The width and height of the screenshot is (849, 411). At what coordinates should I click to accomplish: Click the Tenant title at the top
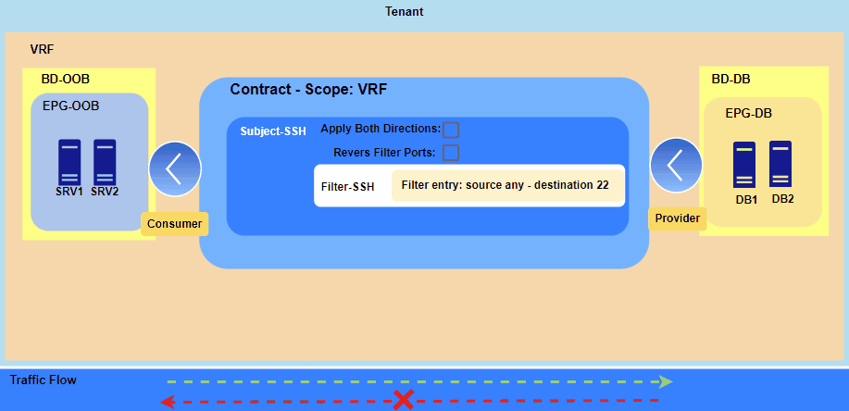coord(404,12)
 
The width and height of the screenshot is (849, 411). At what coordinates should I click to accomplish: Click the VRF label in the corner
coord(43,47)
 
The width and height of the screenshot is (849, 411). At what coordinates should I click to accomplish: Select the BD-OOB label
coord(65,80)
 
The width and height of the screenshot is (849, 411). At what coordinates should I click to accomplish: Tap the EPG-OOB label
coord(70,106)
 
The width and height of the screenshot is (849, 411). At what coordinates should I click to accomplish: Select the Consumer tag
coord(174,223)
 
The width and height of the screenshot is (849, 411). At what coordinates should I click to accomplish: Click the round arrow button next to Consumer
coord(174,168)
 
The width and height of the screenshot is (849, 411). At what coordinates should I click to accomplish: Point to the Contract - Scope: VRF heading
coord(308,90)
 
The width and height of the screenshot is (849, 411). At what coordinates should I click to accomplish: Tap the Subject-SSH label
coord(273,131)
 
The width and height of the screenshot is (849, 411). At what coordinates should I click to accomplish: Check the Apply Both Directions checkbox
coord(451,130)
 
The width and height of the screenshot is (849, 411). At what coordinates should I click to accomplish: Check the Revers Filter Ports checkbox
coord(451,153)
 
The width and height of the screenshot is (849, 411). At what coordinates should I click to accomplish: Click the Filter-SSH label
coord(347,187)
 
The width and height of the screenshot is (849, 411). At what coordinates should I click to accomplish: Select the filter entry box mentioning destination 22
coord(506,185)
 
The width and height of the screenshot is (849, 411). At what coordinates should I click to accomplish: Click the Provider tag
coord(677,218)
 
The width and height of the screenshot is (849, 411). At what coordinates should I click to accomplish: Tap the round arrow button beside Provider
coord(677,165)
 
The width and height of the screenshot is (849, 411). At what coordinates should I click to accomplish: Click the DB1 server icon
coord(746,164)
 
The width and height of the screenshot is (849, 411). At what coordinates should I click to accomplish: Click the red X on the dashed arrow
coord(404,400)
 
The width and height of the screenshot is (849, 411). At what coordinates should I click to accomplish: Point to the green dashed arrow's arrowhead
coord(666,380)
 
